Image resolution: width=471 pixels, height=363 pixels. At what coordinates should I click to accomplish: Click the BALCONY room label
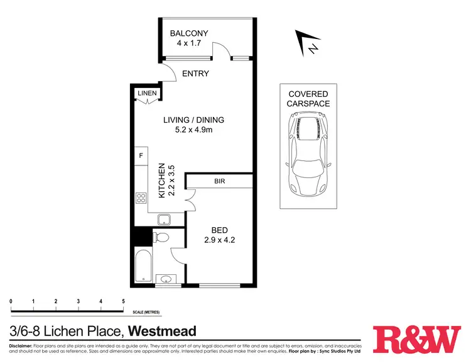click(189, 33)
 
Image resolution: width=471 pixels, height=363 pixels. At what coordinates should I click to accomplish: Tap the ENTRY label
click(195, 74)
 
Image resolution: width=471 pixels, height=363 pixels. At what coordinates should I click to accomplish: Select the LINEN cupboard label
click(147, 94)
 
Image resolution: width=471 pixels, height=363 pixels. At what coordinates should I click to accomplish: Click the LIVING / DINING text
click(193, 120)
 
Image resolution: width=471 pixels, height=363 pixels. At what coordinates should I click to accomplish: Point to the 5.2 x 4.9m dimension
click(193, 131)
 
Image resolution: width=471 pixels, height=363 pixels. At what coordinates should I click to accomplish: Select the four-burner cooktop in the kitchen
click(141, 198)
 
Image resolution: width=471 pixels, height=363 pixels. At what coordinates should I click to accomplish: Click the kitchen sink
click(165, 220)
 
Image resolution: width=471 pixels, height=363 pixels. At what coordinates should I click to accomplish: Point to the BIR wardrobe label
click(219, 182)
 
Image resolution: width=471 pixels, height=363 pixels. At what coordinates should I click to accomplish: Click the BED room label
click(219, 230)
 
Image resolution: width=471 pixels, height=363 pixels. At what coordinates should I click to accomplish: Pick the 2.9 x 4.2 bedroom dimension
click(219, 240)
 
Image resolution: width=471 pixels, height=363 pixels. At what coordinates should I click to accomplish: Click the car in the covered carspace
click(308, 154)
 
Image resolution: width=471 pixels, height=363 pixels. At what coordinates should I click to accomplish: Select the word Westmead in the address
click(163, 331)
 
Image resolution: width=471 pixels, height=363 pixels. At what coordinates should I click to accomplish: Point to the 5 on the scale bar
click(123, 302)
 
